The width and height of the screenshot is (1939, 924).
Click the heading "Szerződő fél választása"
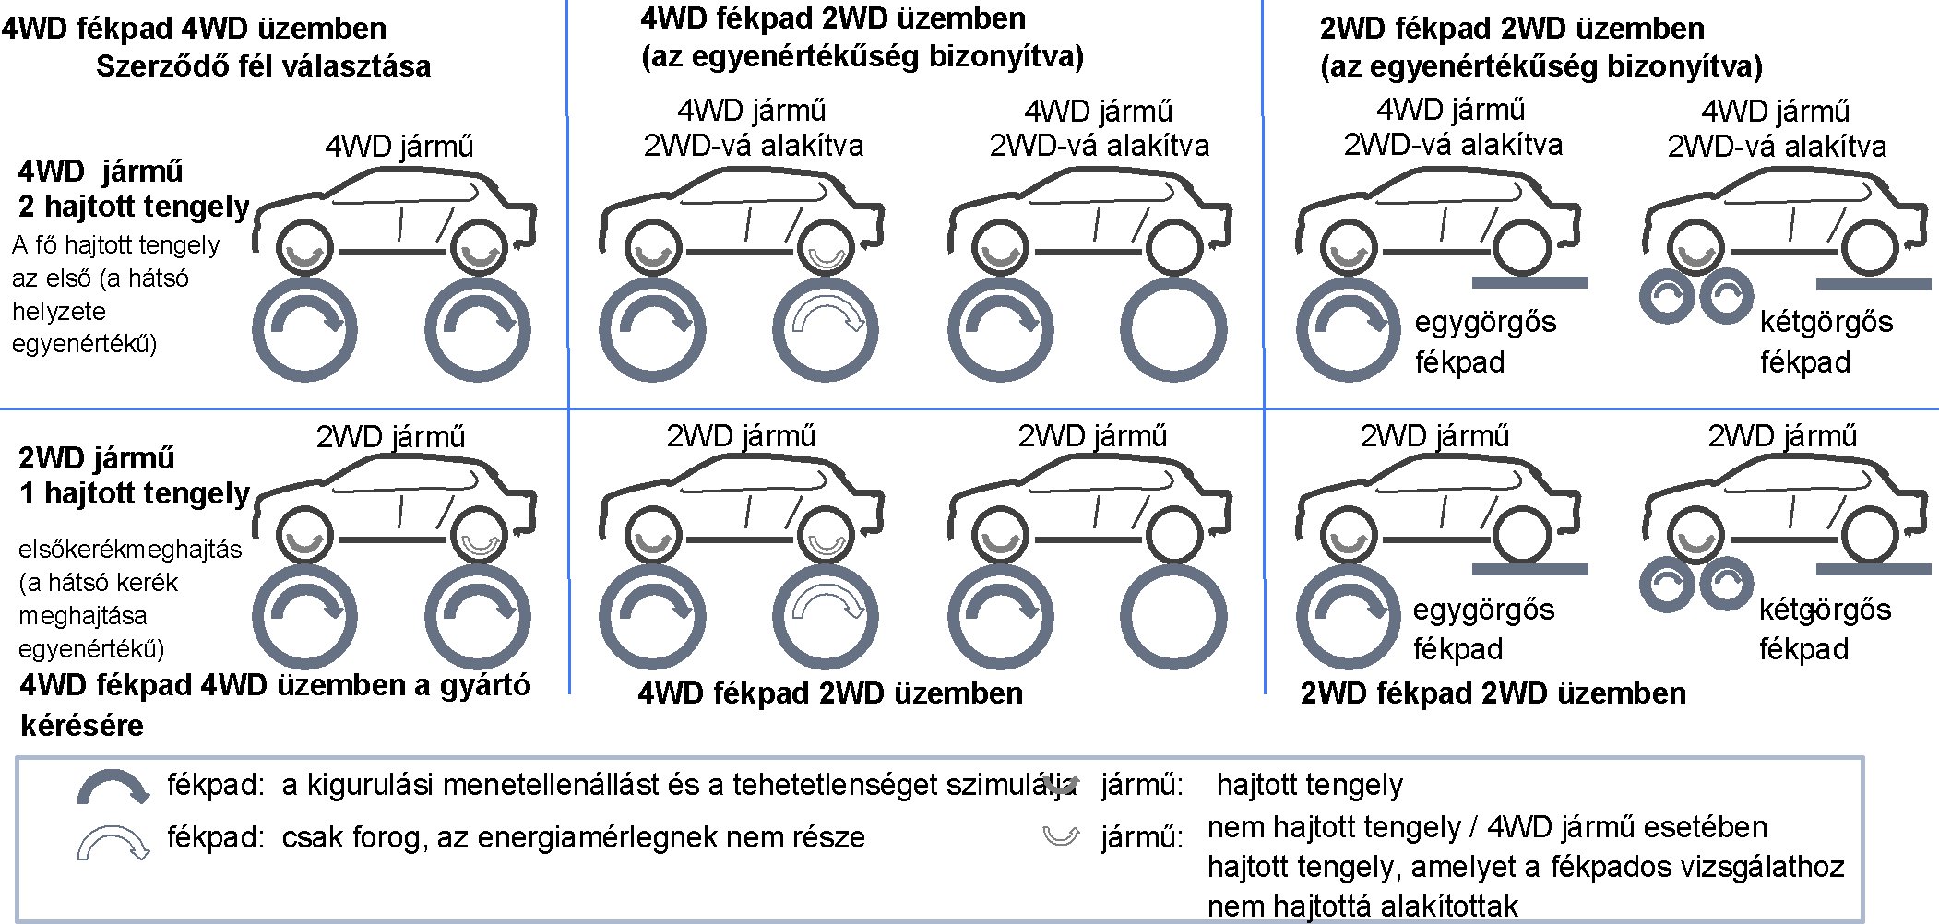pyautogui.click(x=263, y=66)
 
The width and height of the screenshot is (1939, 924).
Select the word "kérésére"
pyautogui.click(x=82, y=726)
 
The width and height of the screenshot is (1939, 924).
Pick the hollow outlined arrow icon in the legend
pyautogui.click(x=113, y=841)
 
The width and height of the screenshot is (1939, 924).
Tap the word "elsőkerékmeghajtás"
pyautogui.click(x=130, y=550)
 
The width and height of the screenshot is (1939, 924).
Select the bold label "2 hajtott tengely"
pyautogui.click(x=134, y=207)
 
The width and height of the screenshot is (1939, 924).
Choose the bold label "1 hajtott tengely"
pyautogui.click(x=135, y=493)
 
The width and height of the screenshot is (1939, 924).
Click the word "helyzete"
pyautogui.click(x=59, y=312)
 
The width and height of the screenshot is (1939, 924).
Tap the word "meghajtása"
pyautogui.click(x=83, y=616)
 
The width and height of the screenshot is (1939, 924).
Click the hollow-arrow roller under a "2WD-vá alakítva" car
pyautogui.click(x=827, y=329)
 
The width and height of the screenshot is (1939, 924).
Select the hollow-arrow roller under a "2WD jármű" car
pyautogui.click(x=827, y=615)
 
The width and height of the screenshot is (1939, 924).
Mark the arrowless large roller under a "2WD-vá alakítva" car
pyautogui.click(x=1173, y=329)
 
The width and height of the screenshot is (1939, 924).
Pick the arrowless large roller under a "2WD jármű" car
pyautogui.click(x=1173, y=615)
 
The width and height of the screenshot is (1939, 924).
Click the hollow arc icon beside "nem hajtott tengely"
pyautogui.click(x=1061, y=836)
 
